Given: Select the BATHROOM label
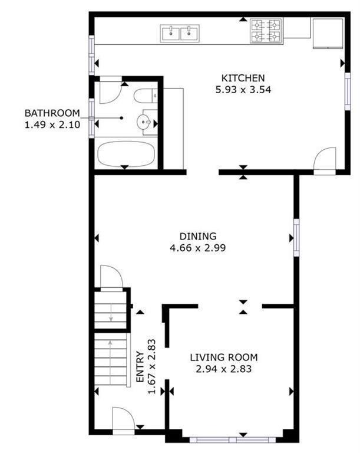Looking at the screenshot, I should pyautogui.click(x=52, y=113).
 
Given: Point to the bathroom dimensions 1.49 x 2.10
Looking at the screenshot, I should pyautogui.click(x=52, y=125).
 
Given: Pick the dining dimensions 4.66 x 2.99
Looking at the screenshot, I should pyautogui.click(x=198, y=248).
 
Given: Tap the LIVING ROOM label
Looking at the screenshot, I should pyautogui.click(x=223, y=357).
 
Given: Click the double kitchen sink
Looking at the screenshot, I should pyautogui.click(x=179, y=33).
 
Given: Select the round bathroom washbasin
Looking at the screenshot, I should pyautogui.click(x=144, y=123).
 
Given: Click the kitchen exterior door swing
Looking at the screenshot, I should pyautogui.click(x=323, y=160).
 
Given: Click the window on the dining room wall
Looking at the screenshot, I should pyautogui.click(x=296, y=238).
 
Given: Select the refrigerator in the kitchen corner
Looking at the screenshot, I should pyautogui.click(x=327, y=34).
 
